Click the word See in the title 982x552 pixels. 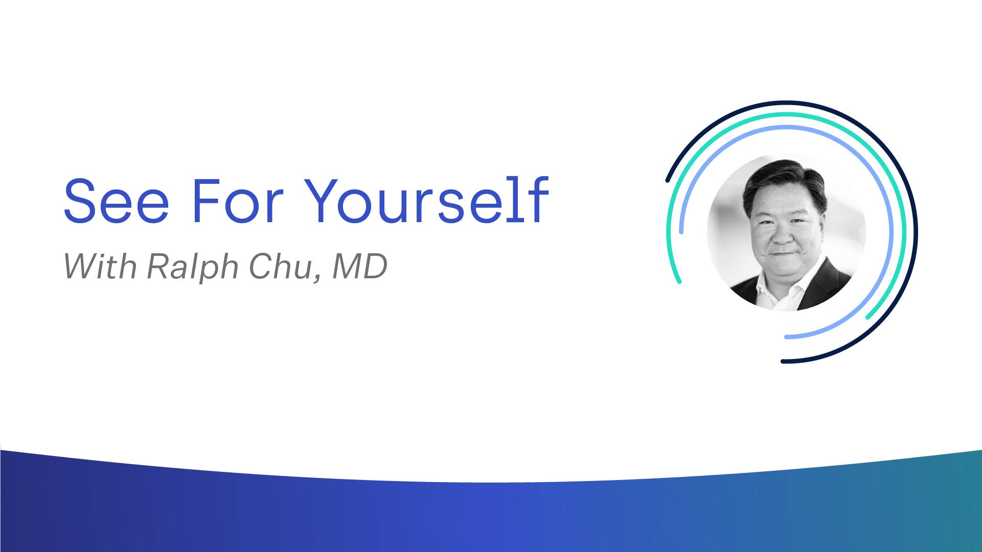pos(116,201)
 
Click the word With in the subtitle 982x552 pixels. pos(100,266)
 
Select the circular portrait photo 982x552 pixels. pos(786,232)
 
